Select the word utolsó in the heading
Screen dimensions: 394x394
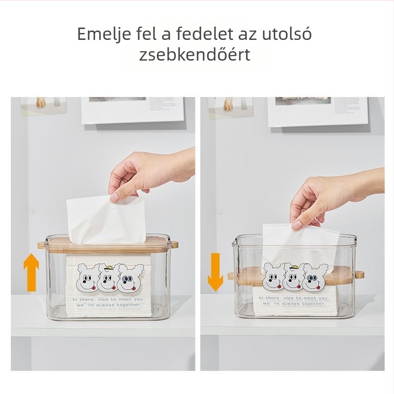click(287, 33)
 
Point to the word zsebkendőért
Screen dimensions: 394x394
click(195, 55)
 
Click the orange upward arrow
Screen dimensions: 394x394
click(31, 272)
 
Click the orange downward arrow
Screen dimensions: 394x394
click(215, 272)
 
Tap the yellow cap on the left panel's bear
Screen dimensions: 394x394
click(109, 268)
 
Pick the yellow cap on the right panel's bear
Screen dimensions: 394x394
click(294, 267)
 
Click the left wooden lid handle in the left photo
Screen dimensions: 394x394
click(41, 245)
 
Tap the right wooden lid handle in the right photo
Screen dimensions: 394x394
click(360, 274)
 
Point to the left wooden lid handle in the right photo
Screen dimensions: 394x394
click(231, 276)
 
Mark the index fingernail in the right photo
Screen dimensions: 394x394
click(297, 225)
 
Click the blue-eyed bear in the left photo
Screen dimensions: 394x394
click(131, 278)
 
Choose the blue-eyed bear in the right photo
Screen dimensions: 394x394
click(316, 277)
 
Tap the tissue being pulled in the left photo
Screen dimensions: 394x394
click(106, 220)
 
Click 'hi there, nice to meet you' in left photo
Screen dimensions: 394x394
click(109, 299)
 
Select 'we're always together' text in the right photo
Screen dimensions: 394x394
click(294, 303)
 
